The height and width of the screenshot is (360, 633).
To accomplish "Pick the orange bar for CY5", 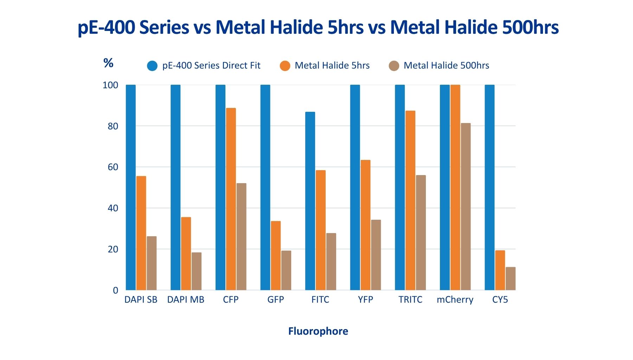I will pos(500,270).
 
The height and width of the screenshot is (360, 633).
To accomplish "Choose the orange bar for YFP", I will pos(365,225).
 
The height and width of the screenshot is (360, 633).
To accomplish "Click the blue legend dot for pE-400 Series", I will pos(152,66).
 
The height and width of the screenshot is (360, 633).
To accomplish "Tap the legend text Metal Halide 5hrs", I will pos(332,66).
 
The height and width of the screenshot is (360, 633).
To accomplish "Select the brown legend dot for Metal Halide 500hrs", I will pos(394,66).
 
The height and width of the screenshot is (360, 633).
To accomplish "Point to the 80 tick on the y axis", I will pos(113,126).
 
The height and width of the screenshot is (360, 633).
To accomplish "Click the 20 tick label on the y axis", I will pos(113,249).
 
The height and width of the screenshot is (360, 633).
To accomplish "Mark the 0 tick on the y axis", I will pos(115,290).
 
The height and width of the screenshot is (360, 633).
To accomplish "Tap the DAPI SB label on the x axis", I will pos(141,300).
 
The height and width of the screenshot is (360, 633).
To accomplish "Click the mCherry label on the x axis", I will pos(455,300).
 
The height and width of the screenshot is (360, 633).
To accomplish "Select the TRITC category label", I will pos(410,300).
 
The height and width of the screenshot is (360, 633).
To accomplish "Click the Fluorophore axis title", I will pos(318,331).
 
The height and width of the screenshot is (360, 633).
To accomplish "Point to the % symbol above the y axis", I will pos(108,63).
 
